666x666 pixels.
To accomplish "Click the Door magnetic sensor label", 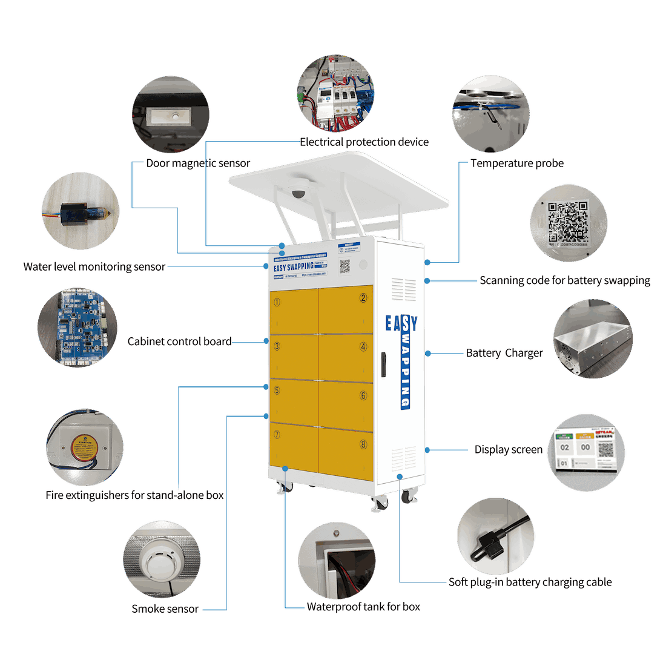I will click(198, 163).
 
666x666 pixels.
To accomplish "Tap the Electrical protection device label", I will click(364, 142).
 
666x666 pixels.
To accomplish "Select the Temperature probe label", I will click(517, 163).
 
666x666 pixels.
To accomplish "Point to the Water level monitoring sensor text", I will click(94, 267).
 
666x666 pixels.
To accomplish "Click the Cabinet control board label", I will click(179, 342).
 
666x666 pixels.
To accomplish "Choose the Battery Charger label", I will click(504, 354).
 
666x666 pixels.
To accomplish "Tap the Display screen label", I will click(509, 450).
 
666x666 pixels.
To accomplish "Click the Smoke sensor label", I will click(165, 608).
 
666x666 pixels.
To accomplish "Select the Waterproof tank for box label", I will click(363, 607).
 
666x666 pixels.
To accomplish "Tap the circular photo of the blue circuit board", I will click(77, 328).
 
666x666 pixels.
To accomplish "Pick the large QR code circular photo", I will click(568, 223).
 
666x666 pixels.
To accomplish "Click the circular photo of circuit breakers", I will click(335, 94).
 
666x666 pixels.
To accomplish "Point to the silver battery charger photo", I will click(592, 340).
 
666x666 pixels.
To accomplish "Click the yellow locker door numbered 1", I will click(293, 309).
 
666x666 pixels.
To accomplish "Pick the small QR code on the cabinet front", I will click(345, 266).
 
